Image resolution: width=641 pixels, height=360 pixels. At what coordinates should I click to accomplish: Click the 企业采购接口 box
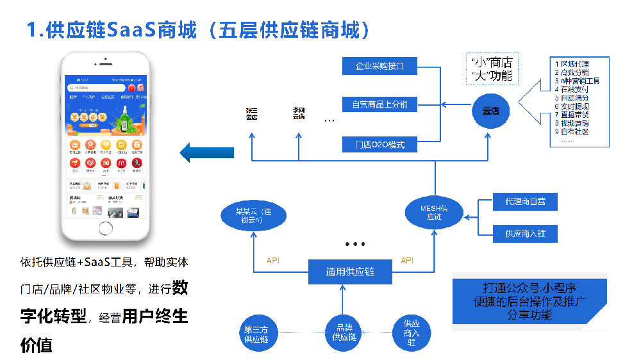(381, 65)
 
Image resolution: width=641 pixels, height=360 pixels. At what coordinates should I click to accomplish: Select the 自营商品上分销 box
(381, 104)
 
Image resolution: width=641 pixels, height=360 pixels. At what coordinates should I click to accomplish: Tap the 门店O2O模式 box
(381, 145)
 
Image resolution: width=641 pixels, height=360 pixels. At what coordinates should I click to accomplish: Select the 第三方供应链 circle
(261, 334)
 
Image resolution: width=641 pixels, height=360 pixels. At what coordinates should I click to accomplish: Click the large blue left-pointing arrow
(206, 152)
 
